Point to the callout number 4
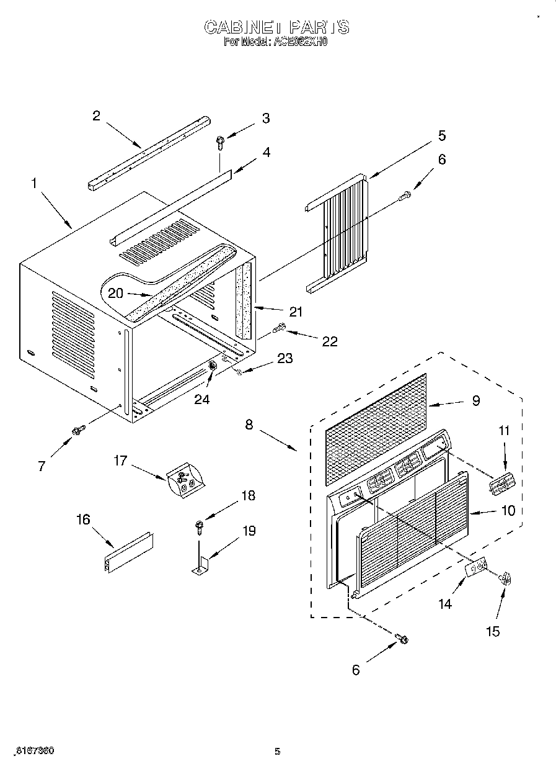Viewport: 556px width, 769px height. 266,151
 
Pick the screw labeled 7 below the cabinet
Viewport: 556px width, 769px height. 78,429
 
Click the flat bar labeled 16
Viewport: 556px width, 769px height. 128,552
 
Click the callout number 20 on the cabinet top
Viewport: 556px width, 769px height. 116,293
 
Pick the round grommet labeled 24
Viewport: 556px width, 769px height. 213,367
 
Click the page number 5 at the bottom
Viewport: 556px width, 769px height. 278,752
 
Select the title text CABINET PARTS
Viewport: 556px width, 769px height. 277,27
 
